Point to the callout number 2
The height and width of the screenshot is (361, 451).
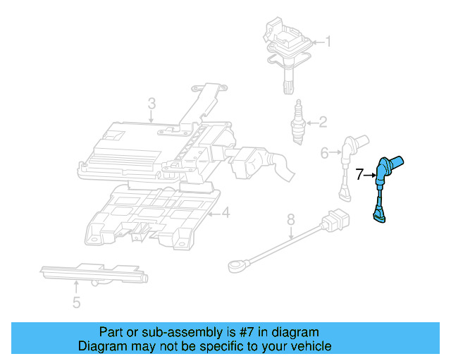(323, 123)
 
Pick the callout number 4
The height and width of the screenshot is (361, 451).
(225, 213)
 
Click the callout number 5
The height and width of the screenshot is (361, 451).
(76, 303)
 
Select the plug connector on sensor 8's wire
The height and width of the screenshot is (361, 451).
(334, 221)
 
